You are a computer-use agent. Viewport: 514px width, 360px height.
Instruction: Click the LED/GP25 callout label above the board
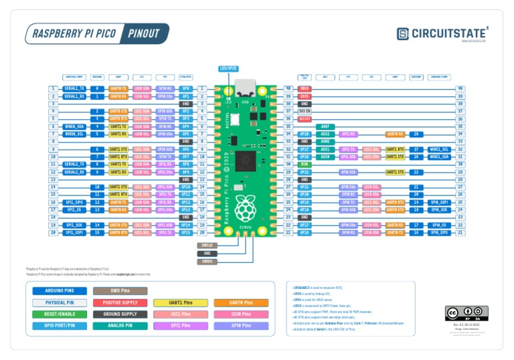228,68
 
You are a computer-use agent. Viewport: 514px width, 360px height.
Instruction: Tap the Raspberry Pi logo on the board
245,209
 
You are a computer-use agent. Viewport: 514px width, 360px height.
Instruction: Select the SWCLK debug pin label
207,246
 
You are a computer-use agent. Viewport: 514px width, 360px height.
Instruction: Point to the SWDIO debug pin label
207,261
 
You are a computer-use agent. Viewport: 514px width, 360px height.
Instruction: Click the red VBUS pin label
305,88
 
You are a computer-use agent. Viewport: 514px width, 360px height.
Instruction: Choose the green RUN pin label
305,164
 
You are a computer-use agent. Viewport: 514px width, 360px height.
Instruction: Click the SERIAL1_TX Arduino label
74,88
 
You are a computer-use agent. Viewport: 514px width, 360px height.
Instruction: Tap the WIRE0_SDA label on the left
74,126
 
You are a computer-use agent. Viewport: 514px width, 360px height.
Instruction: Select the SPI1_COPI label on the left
74,232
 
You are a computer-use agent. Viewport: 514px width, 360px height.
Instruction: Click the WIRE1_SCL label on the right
439,149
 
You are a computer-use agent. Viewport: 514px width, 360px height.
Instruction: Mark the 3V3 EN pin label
305,111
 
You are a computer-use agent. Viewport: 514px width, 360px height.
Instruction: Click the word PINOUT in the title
144,33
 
